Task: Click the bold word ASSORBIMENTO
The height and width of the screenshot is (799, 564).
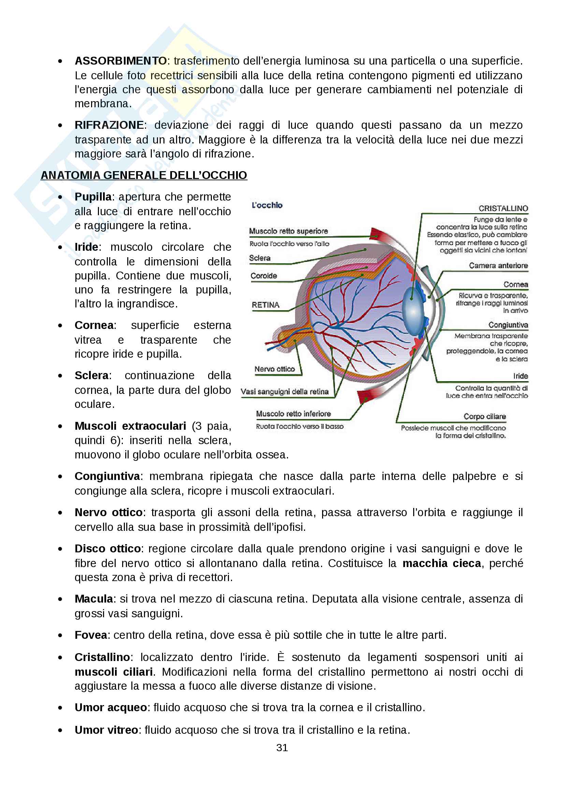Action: click(120, 61)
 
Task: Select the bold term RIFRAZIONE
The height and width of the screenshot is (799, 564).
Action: click(109, 125)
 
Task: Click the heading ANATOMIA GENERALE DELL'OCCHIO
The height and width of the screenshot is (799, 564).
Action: click(144, 175)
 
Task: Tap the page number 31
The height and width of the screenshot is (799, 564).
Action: click(282, 747)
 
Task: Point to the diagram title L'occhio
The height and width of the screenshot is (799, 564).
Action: click(267, 205)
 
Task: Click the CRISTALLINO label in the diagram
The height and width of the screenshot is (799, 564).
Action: click(503, 208)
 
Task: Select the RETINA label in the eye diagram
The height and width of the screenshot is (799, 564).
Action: click(265, 305)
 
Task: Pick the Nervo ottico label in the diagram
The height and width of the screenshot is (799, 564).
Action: click(275, 369)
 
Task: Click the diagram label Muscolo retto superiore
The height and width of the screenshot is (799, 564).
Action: click(288, 231)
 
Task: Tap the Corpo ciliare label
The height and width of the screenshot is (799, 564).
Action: click(485, 416)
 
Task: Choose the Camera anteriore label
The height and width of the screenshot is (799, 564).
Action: click(498, 265)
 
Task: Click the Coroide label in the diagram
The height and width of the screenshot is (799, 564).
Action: click(264, 276)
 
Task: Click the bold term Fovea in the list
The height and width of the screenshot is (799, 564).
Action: click(91, 635)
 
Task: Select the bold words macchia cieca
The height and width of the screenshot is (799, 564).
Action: click(442, 563)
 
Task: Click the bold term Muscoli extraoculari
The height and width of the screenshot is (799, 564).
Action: click(130, 426)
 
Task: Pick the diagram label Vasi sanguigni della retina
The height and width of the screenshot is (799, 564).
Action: click(285, 391)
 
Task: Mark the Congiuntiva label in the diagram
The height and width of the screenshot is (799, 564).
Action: click(508, 325)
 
